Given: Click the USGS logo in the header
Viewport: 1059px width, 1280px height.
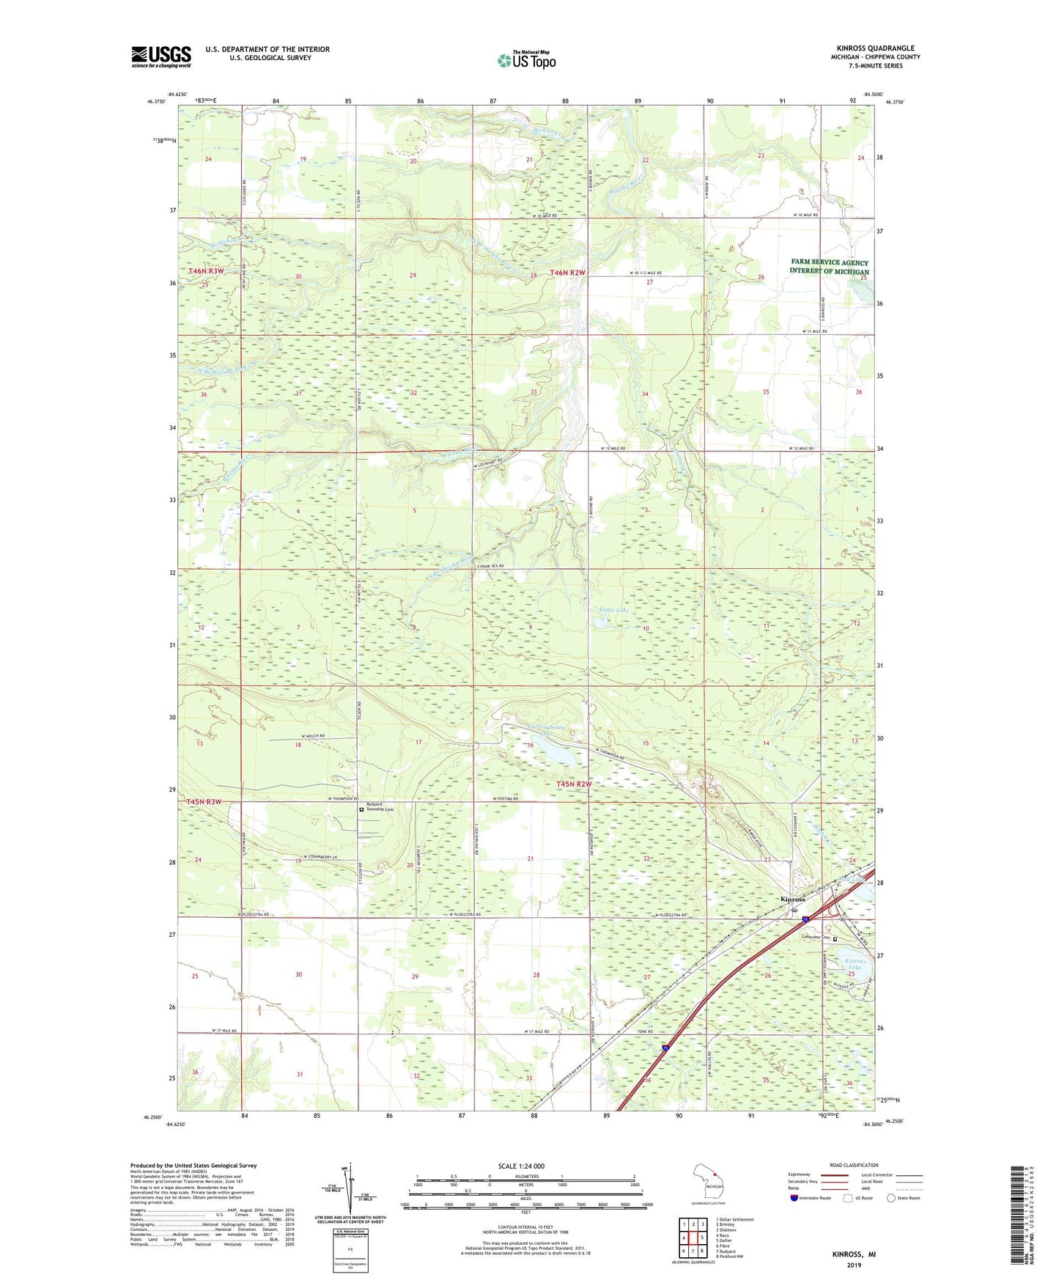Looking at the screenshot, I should [161, 56].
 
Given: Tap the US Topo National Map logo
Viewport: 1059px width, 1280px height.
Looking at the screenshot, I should [526, 59].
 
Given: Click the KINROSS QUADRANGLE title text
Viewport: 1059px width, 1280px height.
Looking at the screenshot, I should [875, 48].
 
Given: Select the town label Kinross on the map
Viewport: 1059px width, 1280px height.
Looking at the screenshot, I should [793, 900].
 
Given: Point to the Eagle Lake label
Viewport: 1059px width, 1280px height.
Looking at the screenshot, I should [614, 610].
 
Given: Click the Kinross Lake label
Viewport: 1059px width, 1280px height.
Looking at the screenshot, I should [855, 964].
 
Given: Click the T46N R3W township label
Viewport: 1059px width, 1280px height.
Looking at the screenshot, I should [206, 271].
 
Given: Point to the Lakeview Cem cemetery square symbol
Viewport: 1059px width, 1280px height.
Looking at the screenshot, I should [835, 938].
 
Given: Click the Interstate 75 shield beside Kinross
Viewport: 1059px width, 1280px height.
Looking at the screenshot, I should [805, 919].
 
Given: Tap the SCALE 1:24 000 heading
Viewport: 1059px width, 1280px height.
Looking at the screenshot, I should [521, 1166].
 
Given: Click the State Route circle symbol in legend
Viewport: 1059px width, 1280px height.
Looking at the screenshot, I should [891, 1199].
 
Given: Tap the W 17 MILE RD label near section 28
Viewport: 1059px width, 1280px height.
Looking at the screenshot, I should [536, 1031].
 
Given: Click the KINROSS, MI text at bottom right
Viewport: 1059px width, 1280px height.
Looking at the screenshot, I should [853, 1254].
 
